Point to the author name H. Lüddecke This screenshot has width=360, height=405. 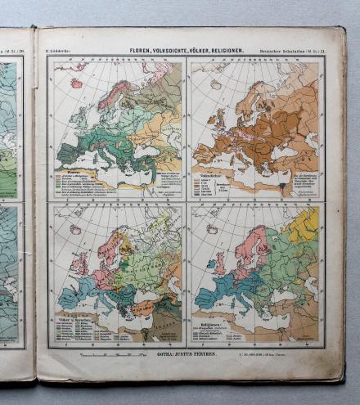60,51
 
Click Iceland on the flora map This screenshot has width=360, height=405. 76,83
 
